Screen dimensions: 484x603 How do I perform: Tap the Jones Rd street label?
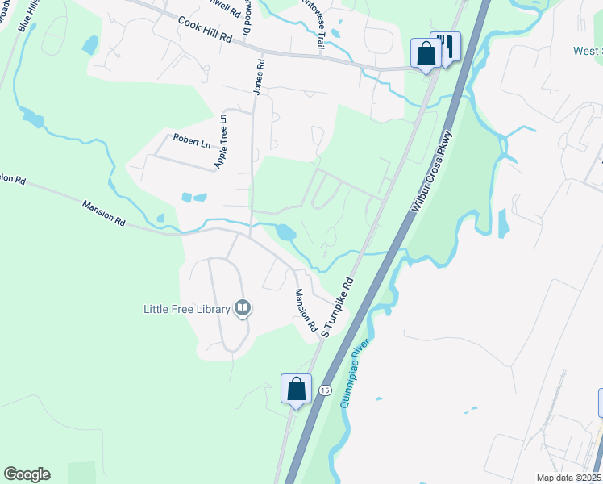click(260, 77)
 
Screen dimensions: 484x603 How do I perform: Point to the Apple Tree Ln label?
click(221, 140)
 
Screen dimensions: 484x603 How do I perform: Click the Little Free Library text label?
click(186, 308)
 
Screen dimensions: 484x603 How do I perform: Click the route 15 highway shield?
click(324, 390)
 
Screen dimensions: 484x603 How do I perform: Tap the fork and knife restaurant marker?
click(446, 45)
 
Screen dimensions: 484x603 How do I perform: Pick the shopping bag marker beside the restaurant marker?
click(425, 54)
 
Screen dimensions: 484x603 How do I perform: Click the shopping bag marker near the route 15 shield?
click(296, 389)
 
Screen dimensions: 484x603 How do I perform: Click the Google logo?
click(27, 474)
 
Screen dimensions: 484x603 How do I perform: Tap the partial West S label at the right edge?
click(587, 51)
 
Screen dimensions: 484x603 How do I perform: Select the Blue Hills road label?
click(19, 16)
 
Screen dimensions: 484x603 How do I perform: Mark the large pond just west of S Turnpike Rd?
click(285, 232)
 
